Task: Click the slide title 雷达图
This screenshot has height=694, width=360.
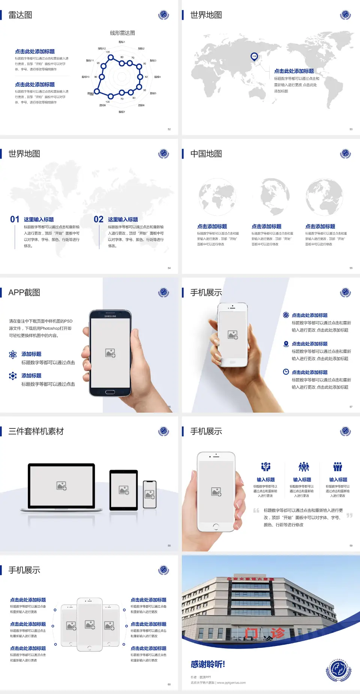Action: pos(20,15)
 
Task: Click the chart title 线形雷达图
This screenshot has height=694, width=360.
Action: pos(122,33)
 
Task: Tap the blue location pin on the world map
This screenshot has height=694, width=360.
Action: pos(254,57)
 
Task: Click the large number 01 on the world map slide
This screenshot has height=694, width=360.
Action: pos(15,219)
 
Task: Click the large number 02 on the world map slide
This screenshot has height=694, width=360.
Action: pos(99,219)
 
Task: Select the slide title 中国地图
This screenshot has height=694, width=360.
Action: pos(206,154)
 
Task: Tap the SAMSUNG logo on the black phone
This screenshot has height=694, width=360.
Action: pos(110,316)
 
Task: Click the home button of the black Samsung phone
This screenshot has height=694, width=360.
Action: pos(110,392)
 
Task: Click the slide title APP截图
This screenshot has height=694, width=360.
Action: pos(24,293)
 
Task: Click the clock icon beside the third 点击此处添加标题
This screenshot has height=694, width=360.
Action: pos(286,372)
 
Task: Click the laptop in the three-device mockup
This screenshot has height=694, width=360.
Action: pos(61,487)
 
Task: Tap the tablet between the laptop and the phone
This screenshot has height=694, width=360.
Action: pos(124,490)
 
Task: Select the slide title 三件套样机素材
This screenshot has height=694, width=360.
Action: pos(36,431)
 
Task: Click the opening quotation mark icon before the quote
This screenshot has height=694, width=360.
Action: pos(256,511)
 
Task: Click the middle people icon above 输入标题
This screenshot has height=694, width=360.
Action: pos(303,467)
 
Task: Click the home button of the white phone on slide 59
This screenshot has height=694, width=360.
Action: pos(216,527)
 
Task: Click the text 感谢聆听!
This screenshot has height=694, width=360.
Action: pos(208,664)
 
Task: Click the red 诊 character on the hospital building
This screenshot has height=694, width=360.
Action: pos(277,633)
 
